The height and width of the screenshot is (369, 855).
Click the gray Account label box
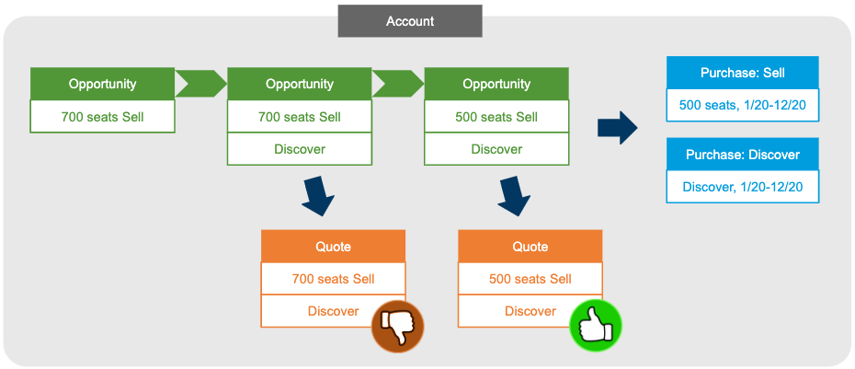pyautogui.click(x=410, y=21)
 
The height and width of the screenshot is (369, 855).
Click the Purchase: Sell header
pyautogui.click(x=741, y=73)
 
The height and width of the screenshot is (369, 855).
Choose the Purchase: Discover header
pyautogui.click(x=741, y=155)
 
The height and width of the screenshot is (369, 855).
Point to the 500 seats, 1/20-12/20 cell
pyautogui.click(x=741, y=105)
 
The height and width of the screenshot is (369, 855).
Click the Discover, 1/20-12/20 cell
pyautogui.click(x=741, y=187)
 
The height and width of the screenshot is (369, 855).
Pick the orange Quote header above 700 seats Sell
pyautogui.click(x=333, y=247)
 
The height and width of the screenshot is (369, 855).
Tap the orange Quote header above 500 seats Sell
pyautogui.click(x=530, y=247)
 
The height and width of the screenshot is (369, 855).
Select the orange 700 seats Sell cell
pyautogui.click(x=333, y=279)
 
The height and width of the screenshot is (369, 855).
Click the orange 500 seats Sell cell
pyautogui.click(x=530, y=279)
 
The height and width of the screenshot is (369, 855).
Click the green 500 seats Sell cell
pyautogui.click(x=496, y=117)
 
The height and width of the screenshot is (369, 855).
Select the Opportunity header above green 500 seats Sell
pyautogui.click(x=496, y=84)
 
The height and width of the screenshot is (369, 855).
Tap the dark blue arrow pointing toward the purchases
pyautogui.click(x=617, y=127)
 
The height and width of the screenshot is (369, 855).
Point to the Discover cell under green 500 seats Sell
pyautogui.click(x=496, y=149)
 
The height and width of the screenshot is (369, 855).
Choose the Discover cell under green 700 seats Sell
pyautogui.click(x=300, y=149)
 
